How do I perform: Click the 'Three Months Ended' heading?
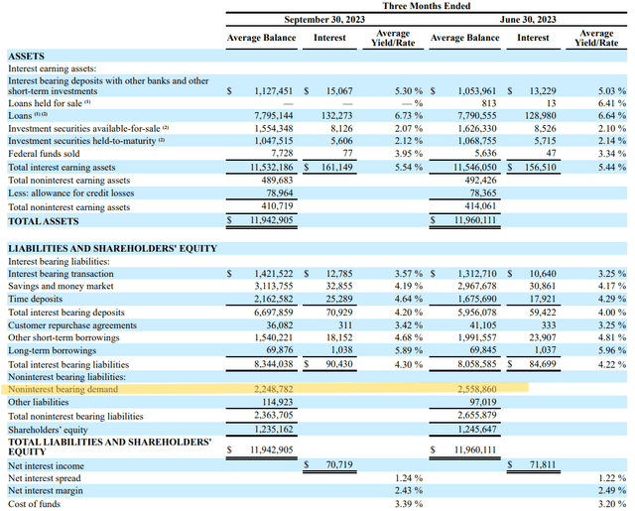[x=428, y=6]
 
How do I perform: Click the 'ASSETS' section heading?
[x=30, y=59]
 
